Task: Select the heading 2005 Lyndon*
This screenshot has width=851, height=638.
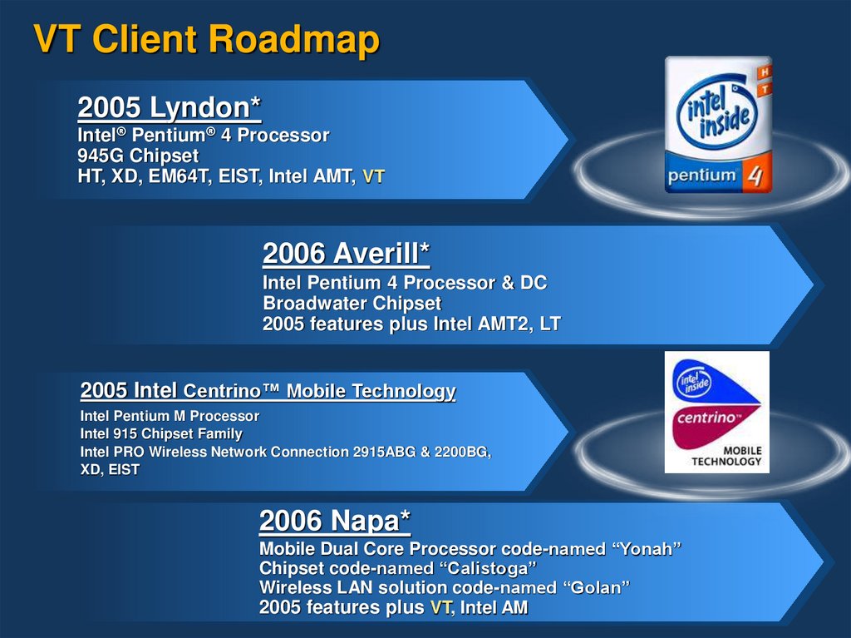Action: coord(170,107)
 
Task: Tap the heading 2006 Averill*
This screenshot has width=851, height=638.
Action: coord(346,252)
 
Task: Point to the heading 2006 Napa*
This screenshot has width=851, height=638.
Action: coord(335,521)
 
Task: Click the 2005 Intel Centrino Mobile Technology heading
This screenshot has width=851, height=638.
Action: coord(268,391)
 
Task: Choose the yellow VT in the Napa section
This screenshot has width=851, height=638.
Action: coord(440,608)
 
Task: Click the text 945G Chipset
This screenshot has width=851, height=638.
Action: coord(138,156)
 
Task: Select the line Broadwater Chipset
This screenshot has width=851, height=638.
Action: coord(352,304)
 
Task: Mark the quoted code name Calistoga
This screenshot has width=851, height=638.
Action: coord(487,568)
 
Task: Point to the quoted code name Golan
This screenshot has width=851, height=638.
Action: coord(596,588)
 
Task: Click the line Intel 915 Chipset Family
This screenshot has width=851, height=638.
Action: coord(161,433)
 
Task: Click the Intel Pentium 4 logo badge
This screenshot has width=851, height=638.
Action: coord(717,125)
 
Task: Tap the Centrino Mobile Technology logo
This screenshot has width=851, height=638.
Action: coord(716,412)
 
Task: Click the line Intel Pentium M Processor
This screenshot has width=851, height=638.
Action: coord(170,415)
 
